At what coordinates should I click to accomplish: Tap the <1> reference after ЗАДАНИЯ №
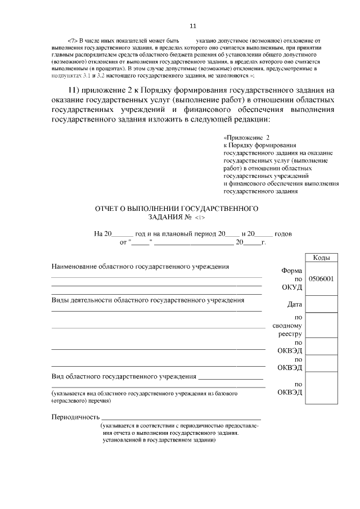201,218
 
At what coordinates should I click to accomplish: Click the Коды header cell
321,257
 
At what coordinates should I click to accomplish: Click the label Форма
292,270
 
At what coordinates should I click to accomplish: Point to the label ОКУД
292,287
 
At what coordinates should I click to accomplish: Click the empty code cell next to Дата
321,304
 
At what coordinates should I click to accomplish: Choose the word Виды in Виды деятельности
60,300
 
